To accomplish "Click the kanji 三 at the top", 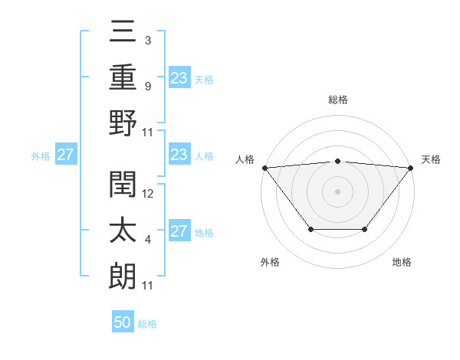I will point(123,33).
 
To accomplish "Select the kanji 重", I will point(123,77).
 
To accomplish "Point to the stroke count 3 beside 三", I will point(147,41).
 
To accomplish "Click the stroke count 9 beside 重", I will point(147,86).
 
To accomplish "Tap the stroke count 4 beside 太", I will point(147,240).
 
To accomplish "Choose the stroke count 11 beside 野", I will point(148,132).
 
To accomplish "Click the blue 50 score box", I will point(123,322).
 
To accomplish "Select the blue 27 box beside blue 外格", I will point(65,155).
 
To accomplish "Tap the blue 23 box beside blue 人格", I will point(179,155).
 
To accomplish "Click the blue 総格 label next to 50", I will point(147,324).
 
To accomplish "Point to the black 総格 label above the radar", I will point(337,100).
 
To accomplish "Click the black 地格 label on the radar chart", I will point(402,262).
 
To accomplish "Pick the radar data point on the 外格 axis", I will point(310,229).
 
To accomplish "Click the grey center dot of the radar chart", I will point(337,191).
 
